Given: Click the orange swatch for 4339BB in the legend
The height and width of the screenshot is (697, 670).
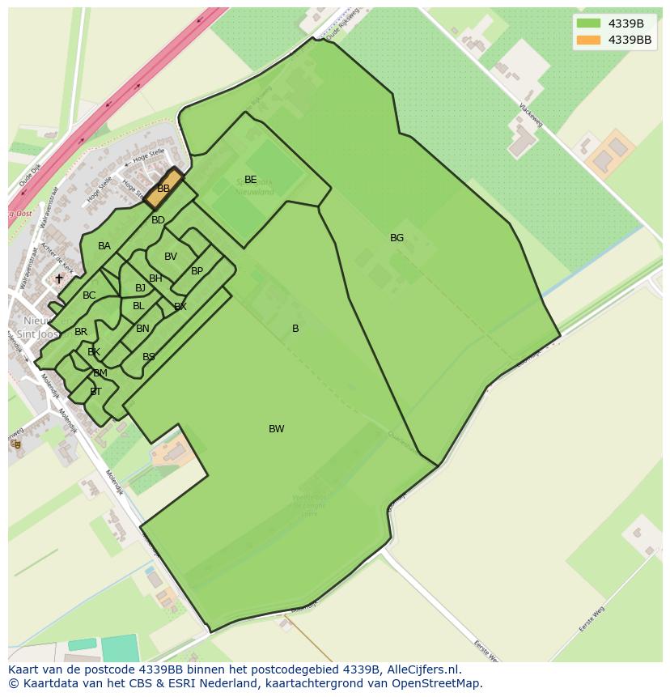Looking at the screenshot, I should coord(589,40).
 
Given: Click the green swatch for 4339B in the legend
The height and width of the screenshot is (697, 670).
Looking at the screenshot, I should coord(589,23).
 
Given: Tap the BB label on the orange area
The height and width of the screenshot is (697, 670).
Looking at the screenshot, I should coord(163,188).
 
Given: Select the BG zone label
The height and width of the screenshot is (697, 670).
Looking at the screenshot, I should coord(396,238).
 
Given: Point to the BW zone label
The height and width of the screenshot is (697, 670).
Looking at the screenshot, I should coord(277,429).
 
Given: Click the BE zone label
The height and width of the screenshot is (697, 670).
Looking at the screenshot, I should coord(250,180).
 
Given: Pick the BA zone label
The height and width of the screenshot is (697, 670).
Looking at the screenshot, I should coord(104,246).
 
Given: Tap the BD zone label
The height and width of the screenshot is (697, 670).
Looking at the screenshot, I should coord(158,220).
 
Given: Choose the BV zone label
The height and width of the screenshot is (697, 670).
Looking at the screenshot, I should coord(170,257).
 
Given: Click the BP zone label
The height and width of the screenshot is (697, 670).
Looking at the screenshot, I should coord(197,271).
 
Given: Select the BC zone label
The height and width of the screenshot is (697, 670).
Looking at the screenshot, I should coord(89,295).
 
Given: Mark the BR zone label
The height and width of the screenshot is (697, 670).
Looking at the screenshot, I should coord(81,332).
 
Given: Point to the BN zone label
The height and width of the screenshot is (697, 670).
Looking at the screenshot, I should coord(142,329).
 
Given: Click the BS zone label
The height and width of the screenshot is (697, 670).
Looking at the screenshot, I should coord(149,357).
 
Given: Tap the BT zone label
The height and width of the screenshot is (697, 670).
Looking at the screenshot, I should coord(95,392).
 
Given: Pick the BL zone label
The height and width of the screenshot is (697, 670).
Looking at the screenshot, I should coord(138,306).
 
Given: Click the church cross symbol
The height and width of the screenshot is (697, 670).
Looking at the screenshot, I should coord(58,278).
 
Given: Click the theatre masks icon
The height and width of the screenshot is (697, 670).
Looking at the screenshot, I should coord(16,444).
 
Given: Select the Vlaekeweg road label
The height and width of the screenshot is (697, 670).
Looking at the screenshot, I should coord(531,115).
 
